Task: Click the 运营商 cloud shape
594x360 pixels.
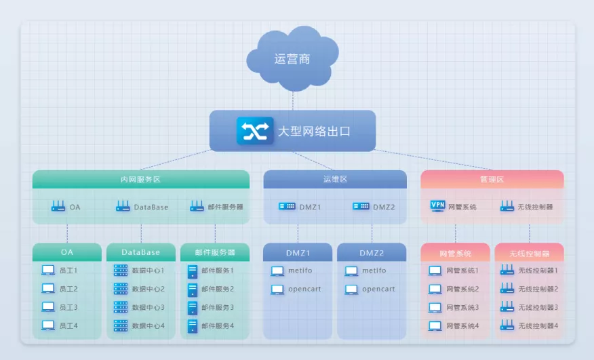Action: click(292, 58)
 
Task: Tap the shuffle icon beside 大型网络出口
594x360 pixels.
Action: click(255, 131)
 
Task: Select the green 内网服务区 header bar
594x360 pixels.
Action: click(141, 179)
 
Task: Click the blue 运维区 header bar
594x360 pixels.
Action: click(335, 179)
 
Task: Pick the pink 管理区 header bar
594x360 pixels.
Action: click(492, 179)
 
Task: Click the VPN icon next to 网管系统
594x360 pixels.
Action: click(437, 206)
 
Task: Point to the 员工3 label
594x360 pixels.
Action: click(68, 307)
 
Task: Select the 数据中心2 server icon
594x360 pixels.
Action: click(121, 289)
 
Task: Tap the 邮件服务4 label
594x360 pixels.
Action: click(218, 325)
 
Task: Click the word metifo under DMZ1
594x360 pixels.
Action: click(300, 271)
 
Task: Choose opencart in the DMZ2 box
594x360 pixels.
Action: click(378, 289)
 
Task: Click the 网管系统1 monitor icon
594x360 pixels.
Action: click(435, 271)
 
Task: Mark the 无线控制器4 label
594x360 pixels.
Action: click(538, 325)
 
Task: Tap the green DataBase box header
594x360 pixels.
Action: click(141, 252)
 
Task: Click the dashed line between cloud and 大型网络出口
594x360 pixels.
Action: click(293, 101)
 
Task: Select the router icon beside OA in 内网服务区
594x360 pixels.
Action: click(58, 206)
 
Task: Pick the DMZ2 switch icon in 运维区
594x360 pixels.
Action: click(361, 206)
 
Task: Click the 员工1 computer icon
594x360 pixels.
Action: click(48, 271)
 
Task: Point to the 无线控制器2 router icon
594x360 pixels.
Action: click(507, 288)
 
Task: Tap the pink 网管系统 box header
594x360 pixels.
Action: click(456, 253)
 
